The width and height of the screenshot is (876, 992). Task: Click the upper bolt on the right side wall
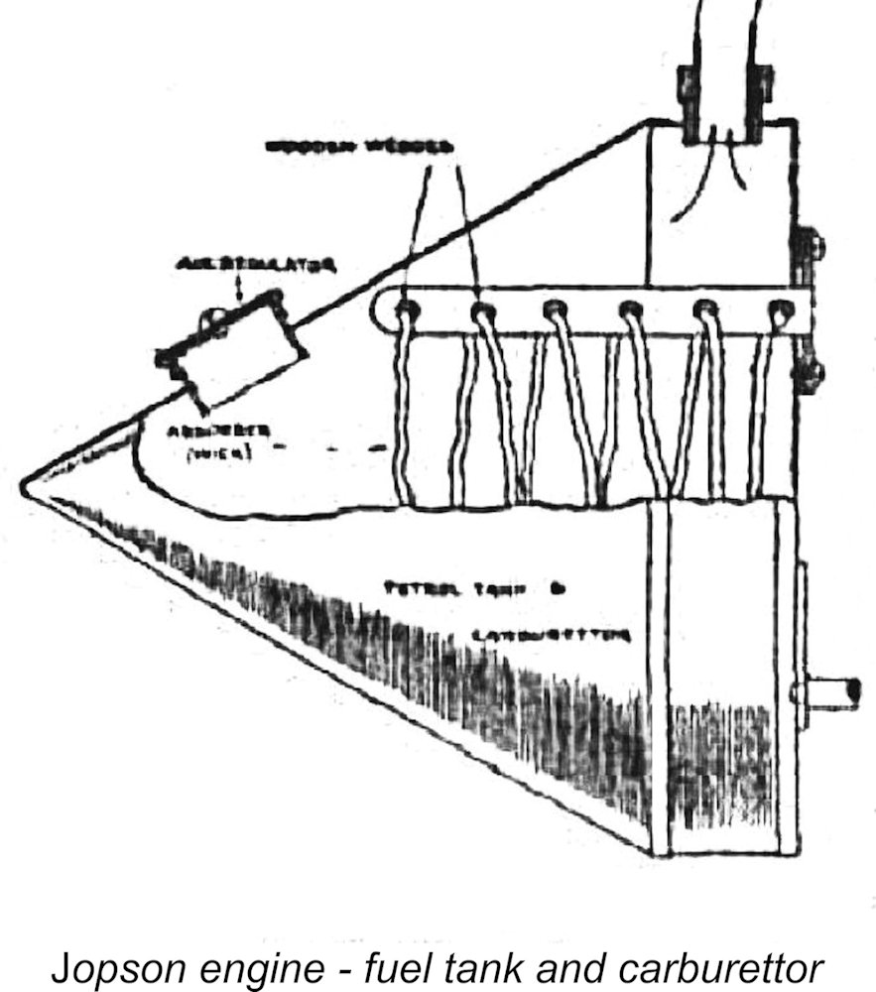click(x=812, y=243)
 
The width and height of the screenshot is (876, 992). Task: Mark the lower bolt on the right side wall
click(x=811, y=375)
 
